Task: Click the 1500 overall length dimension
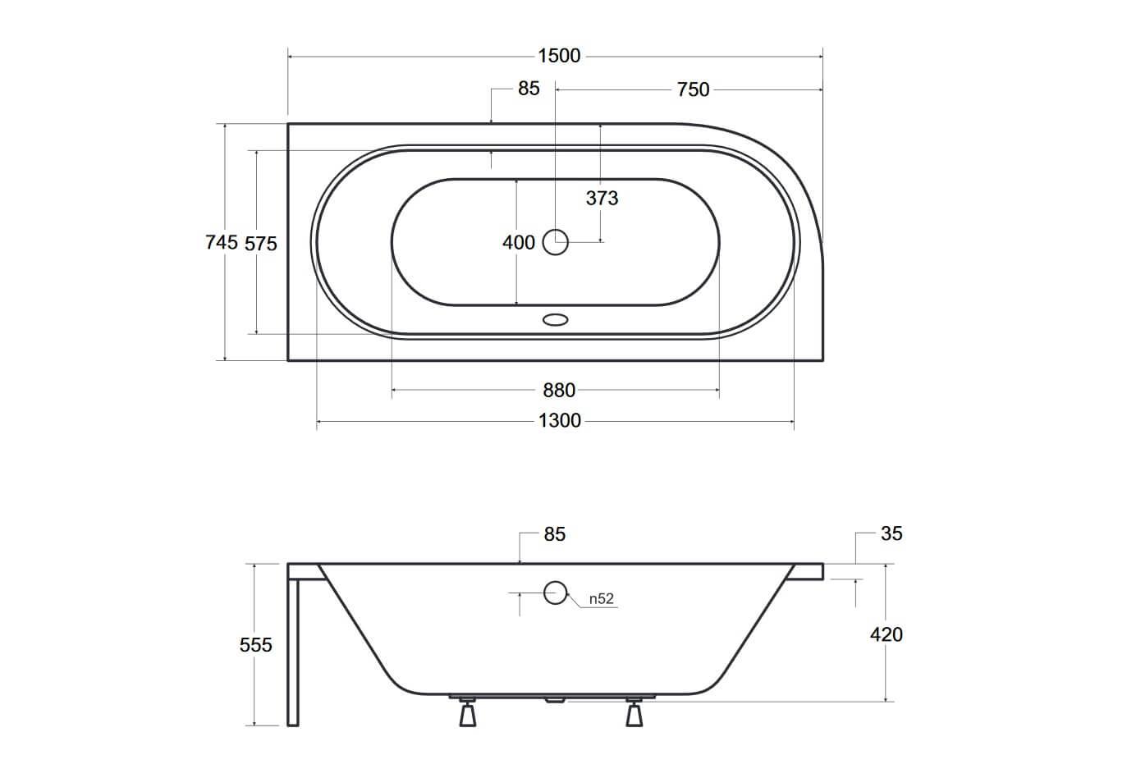[559, 55]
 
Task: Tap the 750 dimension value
[693, 89]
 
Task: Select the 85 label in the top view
[529, 88]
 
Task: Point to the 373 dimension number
[602, 198]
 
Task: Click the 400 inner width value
[518, 242]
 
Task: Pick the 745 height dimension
[222, 242]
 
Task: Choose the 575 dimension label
[261, 244]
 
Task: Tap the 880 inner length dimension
[559, 391]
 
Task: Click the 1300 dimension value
[560, 420]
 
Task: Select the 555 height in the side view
[255, 645]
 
